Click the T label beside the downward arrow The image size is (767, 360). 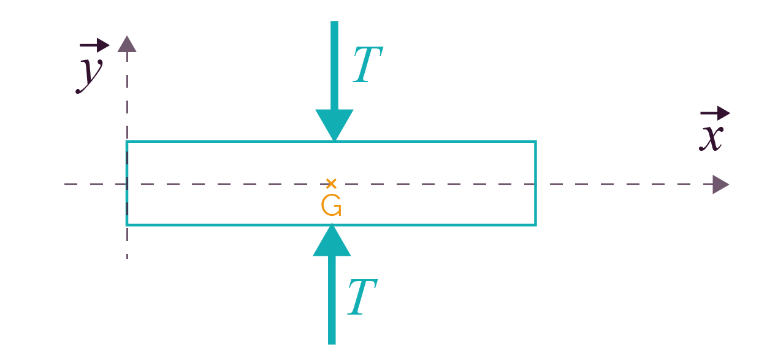click(368, 64)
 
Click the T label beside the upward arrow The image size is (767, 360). click(362, 297)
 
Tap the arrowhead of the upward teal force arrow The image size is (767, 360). click(332, 240)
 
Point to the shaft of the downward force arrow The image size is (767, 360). click(334, 66)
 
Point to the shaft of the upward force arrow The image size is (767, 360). click(332, 300)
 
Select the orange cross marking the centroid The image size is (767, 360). click(331, 183)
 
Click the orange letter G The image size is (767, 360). click(331, 205)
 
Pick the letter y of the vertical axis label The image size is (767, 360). click(90, 76)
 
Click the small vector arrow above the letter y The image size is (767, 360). click(94, 45)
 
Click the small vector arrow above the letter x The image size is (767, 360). click(715, 113)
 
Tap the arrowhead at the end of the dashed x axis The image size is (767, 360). click(721, 184)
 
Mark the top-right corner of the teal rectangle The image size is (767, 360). click(536, 141)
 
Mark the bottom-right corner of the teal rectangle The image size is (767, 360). click(536, 225)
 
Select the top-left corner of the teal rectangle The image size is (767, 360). click(127, 141)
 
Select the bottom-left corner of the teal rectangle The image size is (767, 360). click(127, 225)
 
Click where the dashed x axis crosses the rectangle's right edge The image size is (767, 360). click(536, 184)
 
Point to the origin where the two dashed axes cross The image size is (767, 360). click(127, 184)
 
